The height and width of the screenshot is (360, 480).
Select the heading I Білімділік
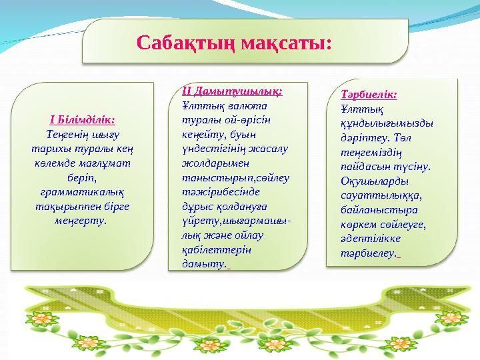click(83, 119)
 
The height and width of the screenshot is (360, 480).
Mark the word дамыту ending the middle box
click(204, 264)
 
